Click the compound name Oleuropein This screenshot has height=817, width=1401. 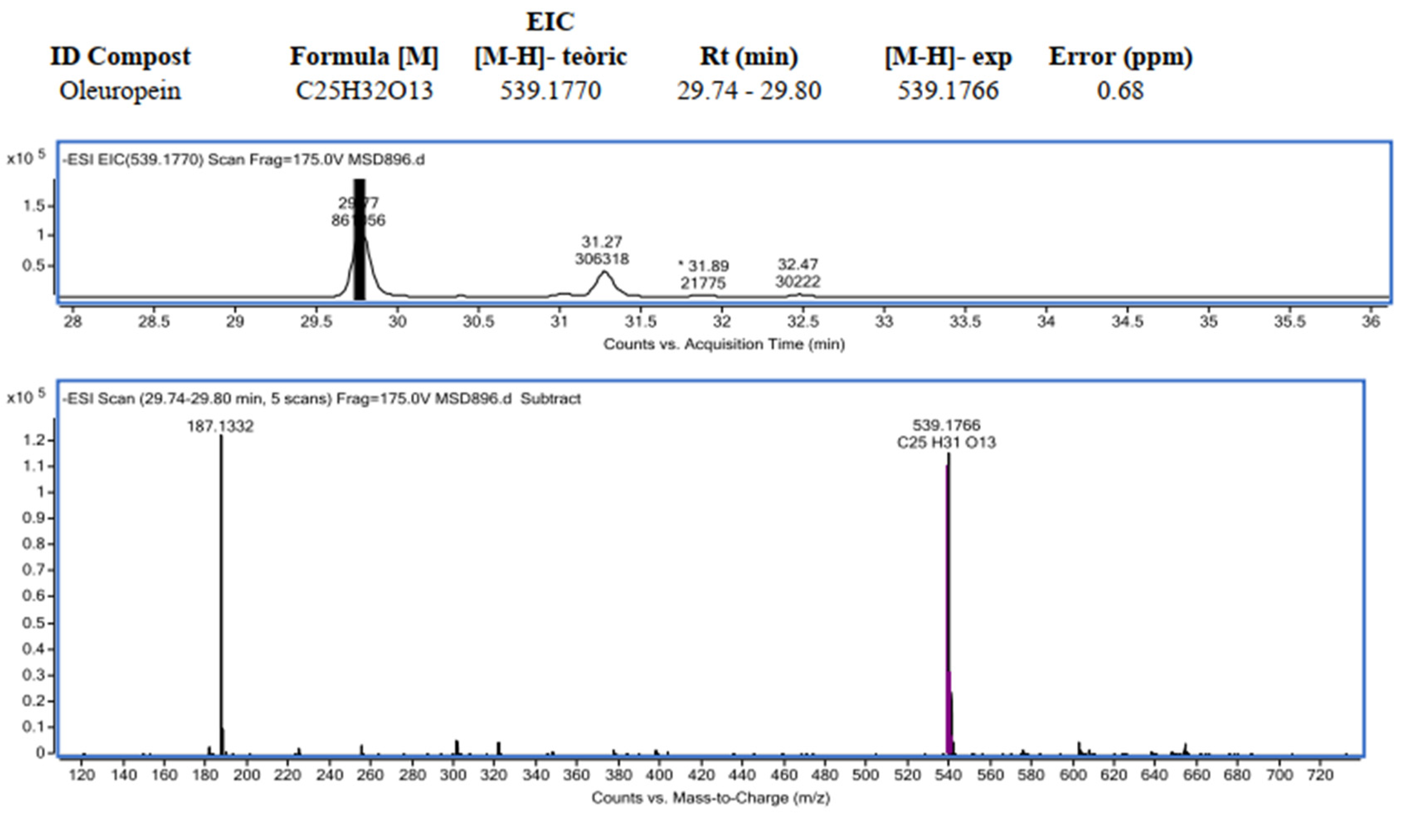point(120,90)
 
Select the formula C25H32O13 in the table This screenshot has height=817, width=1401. point(364,90)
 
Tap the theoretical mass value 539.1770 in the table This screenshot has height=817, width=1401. point(550,90)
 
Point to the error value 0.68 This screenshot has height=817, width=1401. point(1120,90)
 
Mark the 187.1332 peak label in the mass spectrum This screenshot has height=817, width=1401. point(220,426)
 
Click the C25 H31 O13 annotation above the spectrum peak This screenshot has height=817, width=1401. point(946,443)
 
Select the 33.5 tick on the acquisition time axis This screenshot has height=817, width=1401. point(965,322)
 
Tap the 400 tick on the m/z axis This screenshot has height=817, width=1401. point(659,775)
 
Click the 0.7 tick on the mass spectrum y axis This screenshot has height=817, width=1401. point(33,570)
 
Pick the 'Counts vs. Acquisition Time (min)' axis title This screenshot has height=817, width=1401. point(724,345)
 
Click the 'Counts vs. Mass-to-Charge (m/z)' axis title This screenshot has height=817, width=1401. point(710,798)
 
